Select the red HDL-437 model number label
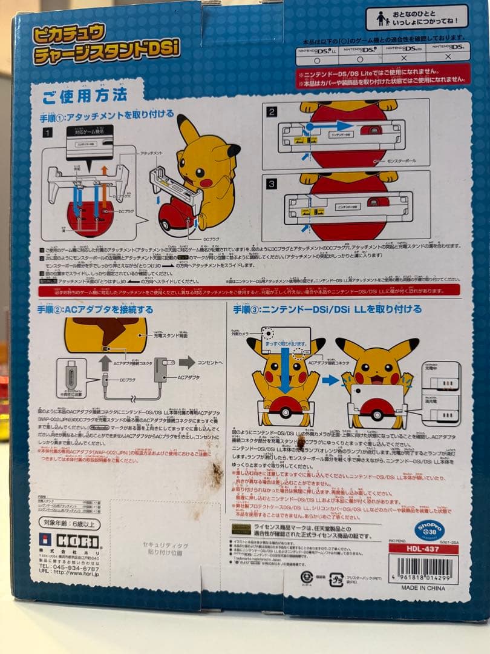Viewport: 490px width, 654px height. [x=423, y=549]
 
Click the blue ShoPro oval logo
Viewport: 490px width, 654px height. [x=429, y=530]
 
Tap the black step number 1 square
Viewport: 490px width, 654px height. [x=47, y=131]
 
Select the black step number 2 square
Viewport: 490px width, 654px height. [x=272, y=111]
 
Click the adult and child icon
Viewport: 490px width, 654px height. [x=382, y=19]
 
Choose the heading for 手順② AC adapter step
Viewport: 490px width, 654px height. [x=96, y=309]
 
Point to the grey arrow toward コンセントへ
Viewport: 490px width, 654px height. [x=186, y=362]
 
